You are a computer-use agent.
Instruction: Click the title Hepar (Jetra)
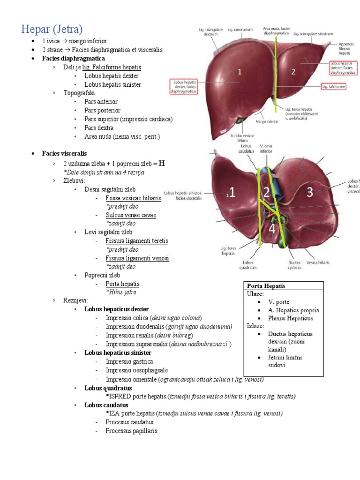pos(52,29)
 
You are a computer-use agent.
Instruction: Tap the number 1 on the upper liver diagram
pos(240,72)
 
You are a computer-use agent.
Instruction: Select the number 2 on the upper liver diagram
pos(293,72)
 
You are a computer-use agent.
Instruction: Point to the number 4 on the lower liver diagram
pos(272,229)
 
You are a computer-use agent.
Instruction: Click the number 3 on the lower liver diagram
pos(309,191)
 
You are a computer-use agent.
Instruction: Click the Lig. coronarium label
pos(237,29)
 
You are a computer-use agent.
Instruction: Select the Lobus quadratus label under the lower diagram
pos(249,265)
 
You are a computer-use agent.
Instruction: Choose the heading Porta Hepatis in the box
pos(266,286)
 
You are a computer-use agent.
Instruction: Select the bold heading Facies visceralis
pos(64,153)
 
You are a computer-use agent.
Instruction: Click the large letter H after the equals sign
pos(162,163)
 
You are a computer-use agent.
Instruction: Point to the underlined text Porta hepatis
pos(122,284)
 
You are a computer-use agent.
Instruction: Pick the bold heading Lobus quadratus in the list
pos(108,388)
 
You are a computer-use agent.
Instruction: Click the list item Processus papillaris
pos(131,431)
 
